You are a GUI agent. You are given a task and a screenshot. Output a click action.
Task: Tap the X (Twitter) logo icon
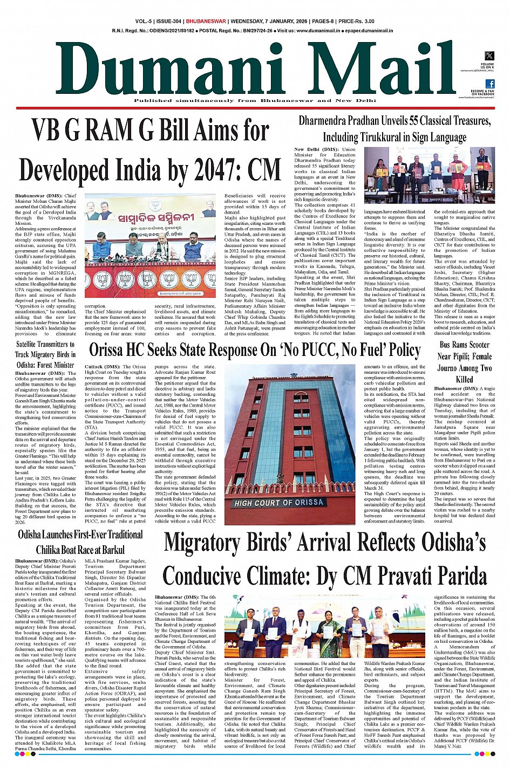(489, 56)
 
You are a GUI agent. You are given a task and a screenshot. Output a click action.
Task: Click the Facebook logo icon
(489, 84)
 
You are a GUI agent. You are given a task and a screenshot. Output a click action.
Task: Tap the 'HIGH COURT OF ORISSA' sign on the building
(279, 502)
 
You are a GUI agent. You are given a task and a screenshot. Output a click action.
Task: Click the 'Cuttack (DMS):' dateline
(103, 367)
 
